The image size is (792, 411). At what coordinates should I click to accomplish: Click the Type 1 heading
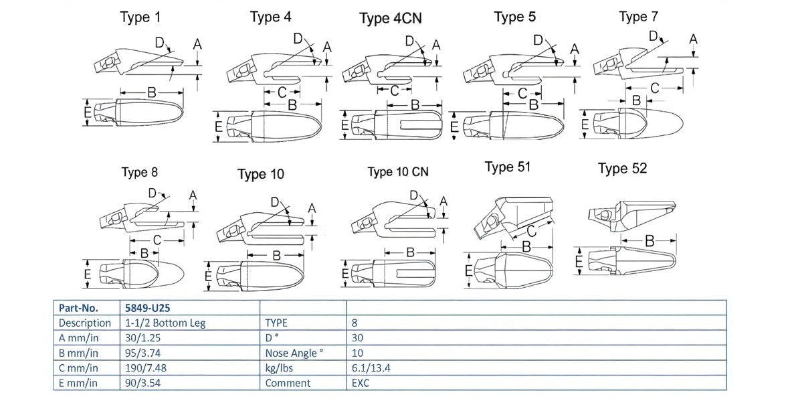(x=140, y=17)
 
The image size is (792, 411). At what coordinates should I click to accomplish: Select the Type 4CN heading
(x=390, y=18)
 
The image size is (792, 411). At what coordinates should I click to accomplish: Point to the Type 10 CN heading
(x=398, y=172)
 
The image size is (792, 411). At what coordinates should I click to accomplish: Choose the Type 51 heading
(x=507, y=167)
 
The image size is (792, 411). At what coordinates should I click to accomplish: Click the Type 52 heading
(x=622, y=168)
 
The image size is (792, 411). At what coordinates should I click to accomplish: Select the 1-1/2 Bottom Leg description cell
(x=165, y=323)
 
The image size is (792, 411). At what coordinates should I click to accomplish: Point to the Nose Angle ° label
(x=294, y=353)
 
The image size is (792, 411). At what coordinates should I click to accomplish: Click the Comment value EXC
(x=362, y=383)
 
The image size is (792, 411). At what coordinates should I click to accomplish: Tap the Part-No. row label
(x=79, y=308)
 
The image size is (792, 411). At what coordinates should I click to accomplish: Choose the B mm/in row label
(x=78, y=353)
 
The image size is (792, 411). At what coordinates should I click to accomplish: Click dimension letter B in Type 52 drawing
(x=649, y=241)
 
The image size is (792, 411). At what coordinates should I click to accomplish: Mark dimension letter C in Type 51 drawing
(x=530, y=231)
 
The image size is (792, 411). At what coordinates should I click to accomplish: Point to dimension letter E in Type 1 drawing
(x=88, y=113)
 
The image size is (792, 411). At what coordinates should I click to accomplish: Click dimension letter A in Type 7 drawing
(x=694, y=39)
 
